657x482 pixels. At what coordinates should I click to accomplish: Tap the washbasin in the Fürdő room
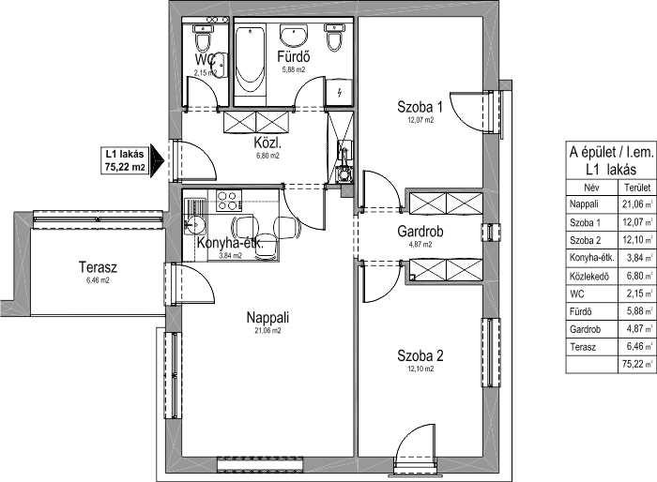tap(294, 36)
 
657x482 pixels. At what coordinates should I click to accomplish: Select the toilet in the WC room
tap(203, 38)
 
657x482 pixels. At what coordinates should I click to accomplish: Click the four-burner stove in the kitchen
tap(229, 201)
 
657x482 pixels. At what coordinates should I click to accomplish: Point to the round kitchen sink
tap(194, 225)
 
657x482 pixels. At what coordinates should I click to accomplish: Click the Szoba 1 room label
tap(420, 107)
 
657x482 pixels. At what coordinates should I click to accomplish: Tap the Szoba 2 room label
tap(420, 356)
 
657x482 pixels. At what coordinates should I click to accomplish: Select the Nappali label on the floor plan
tap(267, 317)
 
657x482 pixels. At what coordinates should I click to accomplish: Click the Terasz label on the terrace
tap(98, 266)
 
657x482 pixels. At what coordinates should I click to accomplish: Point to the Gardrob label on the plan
tap(420, 232)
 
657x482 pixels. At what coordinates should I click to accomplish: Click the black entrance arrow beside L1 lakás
tap(157, 160)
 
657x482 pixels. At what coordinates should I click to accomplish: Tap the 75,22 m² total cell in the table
tap(637, 364)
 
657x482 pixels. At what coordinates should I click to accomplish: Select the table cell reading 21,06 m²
tap(637, 203)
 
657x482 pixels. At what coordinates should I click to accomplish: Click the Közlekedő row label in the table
tap(589, 277)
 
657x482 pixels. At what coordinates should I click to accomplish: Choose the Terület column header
tap(637, 188)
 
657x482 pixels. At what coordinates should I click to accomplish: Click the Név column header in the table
tap(591, 188)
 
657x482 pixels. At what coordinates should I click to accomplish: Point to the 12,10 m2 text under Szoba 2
tap(420, 369)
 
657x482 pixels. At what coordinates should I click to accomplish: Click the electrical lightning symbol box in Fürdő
tap(340, 92)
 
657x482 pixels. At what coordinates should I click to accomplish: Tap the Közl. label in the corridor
tap(267, 143)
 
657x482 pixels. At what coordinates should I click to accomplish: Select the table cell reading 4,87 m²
tap(637, 329)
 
